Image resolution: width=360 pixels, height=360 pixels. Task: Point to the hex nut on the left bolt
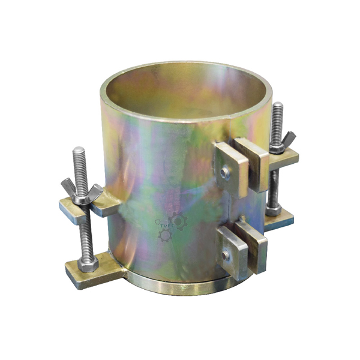(88, 264)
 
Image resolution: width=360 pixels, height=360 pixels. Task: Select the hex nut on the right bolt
(274, 210)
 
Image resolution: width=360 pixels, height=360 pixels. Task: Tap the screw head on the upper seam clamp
(224, 173)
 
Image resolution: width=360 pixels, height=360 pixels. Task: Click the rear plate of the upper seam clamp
(252, 162)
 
